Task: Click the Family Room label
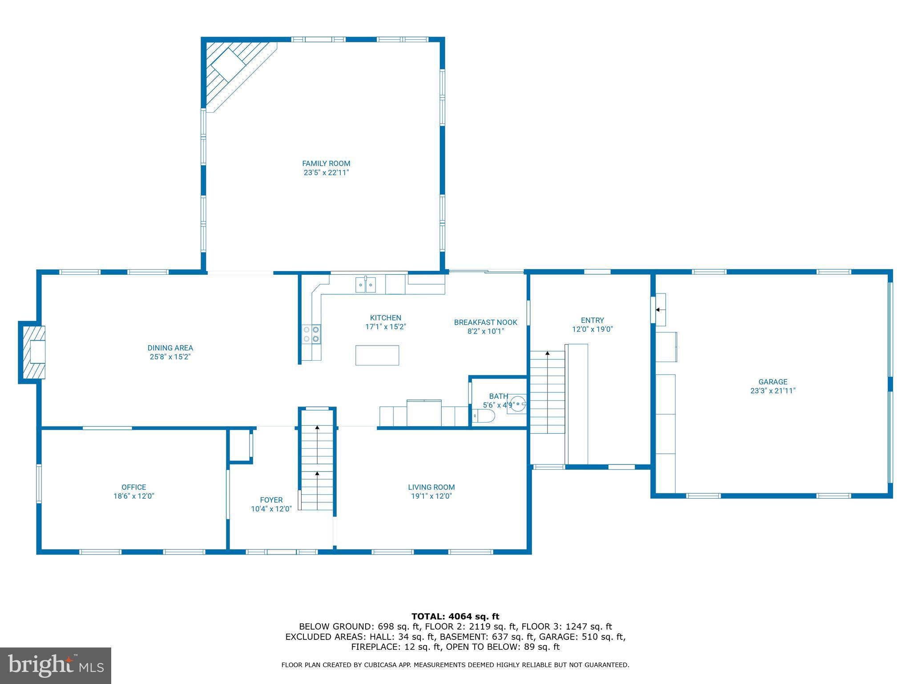[326, 163]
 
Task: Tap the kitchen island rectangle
[377, 355]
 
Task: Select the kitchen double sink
[365, 285]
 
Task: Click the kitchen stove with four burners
[311, 334]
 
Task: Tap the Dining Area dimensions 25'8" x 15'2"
[170, 357]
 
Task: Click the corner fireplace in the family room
[231, 69]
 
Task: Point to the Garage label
[773, 382]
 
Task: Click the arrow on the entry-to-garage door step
[660, 309]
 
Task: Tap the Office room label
[133, 487]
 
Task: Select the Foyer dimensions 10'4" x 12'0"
[271, 509]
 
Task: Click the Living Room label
[431, 487]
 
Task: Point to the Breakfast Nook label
[485, 322]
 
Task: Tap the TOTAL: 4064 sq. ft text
[455, 617]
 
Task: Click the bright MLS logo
[55, 666]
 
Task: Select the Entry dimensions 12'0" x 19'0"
[592, 330]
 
